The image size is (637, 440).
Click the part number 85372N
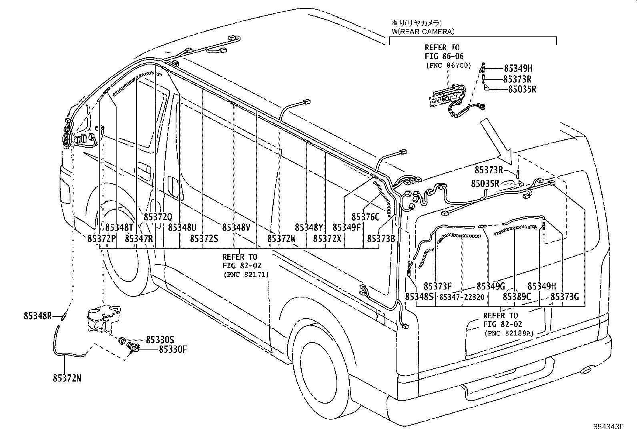(x=66, y=378)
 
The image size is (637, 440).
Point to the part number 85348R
(x=38, y=315)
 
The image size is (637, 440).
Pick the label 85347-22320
(x=462, y=297)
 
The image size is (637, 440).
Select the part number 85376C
(x=365, y=217)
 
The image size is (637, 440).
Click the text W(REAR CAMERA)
(x=423, y=31)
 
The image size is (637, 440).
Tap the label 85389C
(x=517, y=297)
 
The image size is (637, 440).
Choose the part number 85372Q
(x=158, y=217)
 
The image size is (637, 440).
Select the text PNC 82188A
(x=509, y=333)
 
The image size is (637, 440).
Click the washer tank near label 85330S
(x=102, y=318)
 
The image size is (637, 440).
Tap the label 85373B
(x=381, y=239)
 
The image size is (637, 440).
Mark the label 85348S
(x=419, y=297)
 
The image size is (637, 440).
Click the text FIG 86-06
(x=444, y=56)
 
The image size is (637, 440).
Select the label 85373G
(x=565, y=297)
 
